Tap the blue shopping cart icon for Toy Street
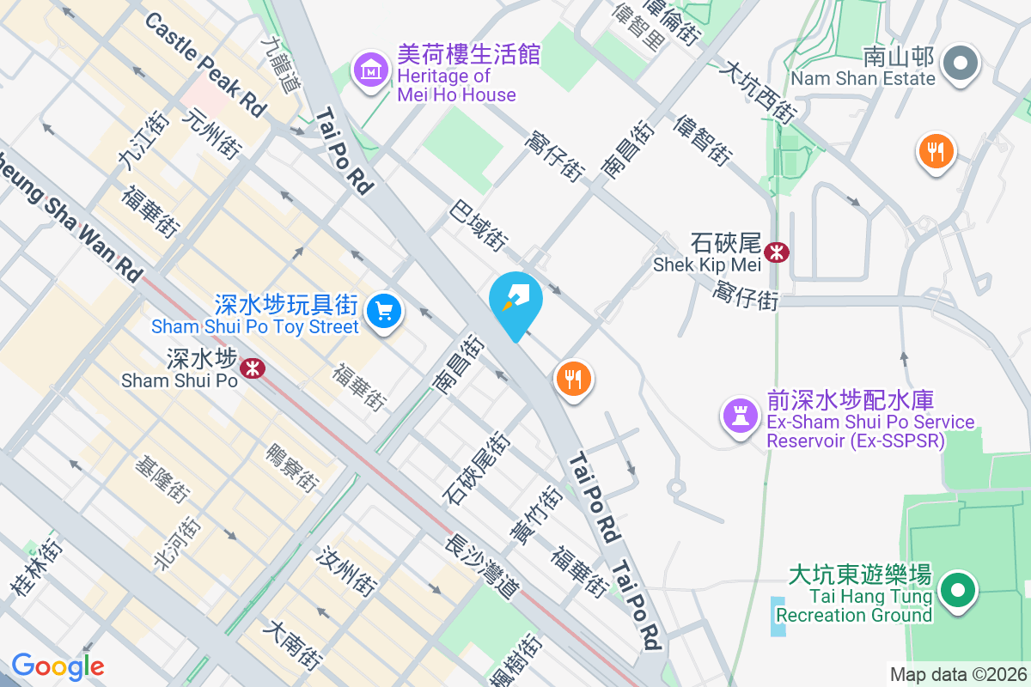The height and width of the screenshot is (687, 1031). pyautogui.click(x=384, y=310)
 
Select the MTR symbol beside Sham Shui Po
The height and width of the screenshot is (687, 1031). pyautogui.click(x=252, y=368)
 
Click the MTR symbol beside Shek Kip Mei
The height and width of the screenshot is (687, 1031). pyautogui.click(x=778, y=252)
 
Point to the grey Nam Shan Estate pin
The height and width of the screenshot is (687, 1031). pyautogui.click(x=960, y=64)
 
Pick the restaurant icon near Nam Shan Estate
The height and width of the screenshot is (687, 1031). pyautogui.click(x=936, y=152)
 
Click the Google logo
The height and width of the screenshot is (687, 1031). pyautogui.click(x=58, y=666)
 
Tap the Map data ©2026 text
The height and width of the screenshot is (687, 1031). pyautogui.click(x=958, y=675)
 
